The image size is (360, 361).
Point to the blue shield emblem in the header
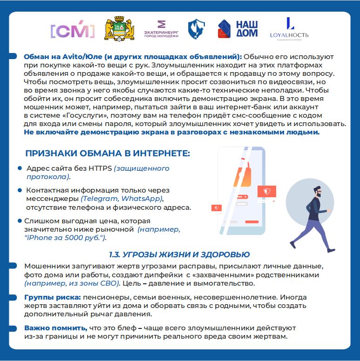(x=196, y=29)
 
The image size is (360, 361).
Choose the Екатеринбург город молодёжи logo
(x=162, y=29)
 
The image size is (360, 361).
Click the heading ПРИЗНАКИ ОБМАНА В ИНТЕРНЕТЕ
(x=107, y=154)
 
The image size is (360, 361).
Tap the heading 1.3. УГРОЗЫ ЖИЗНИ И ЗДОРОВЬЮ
(x=179, y=254)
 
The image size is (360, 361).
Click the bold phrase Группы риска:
(x=53, y=297)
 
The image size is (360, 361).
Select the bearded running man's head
(x=318, y=192)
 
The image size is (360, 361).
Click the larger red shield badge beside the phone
(x=266, y=192)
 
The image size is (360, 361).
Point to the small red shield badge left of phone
(x=216, y=208)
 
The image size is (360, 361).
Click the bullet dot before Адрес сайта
(x=20, y=168)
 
